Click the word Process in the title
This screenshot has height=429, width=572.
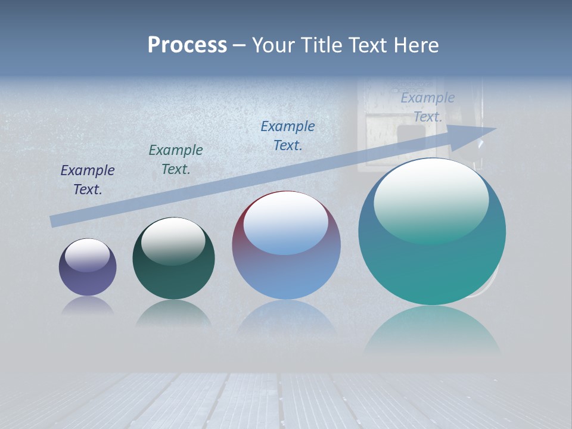[187, 45]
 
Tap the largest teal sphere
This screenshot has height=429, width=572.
[432, 268]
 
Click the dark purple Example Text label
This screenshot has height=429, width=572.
[88, 180]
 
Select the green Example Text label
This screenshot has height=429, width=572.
[176, 160]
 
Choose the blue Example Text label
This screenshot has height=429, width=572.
[288, 136]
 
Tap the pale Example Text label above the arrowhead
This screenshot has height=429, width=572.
[428, 107]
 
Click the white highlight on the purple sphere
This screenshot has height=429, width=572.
[88, 255]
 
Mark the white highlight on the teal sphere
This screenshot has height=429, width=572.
[431, 200]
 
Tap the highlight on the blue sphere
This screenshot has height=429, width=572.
[286, 223]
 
